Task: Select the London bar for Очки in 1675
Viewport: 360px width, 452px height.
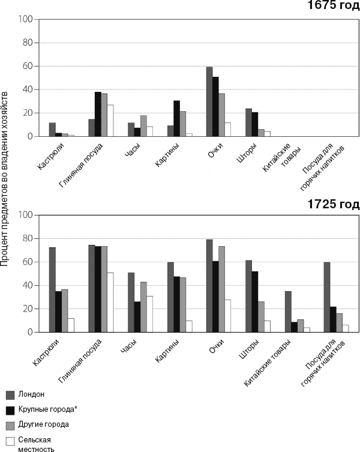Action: coord(209,101)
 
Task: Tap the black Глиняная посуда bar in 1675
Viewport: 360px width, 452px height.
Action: coord(98,114)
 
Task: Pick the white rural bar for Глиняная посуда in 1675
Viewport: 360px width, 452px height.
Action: coord(110,121)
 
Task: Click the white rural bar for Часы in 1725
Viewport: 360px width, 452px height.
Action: coord(150,314)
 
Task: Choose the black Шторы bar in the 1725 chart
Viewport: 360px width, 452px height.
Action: coord(255,301)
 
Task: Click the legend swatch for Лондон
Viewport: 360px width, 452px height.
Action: coord(10,394)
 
